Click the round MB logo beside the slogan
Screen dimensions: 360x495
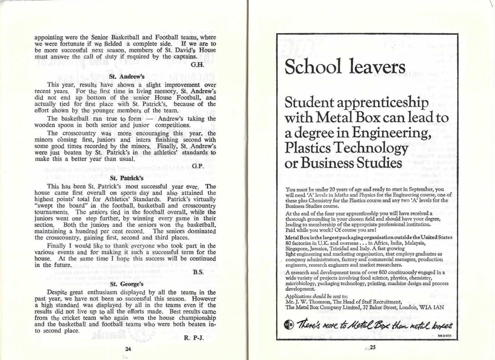pos(290,325)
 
